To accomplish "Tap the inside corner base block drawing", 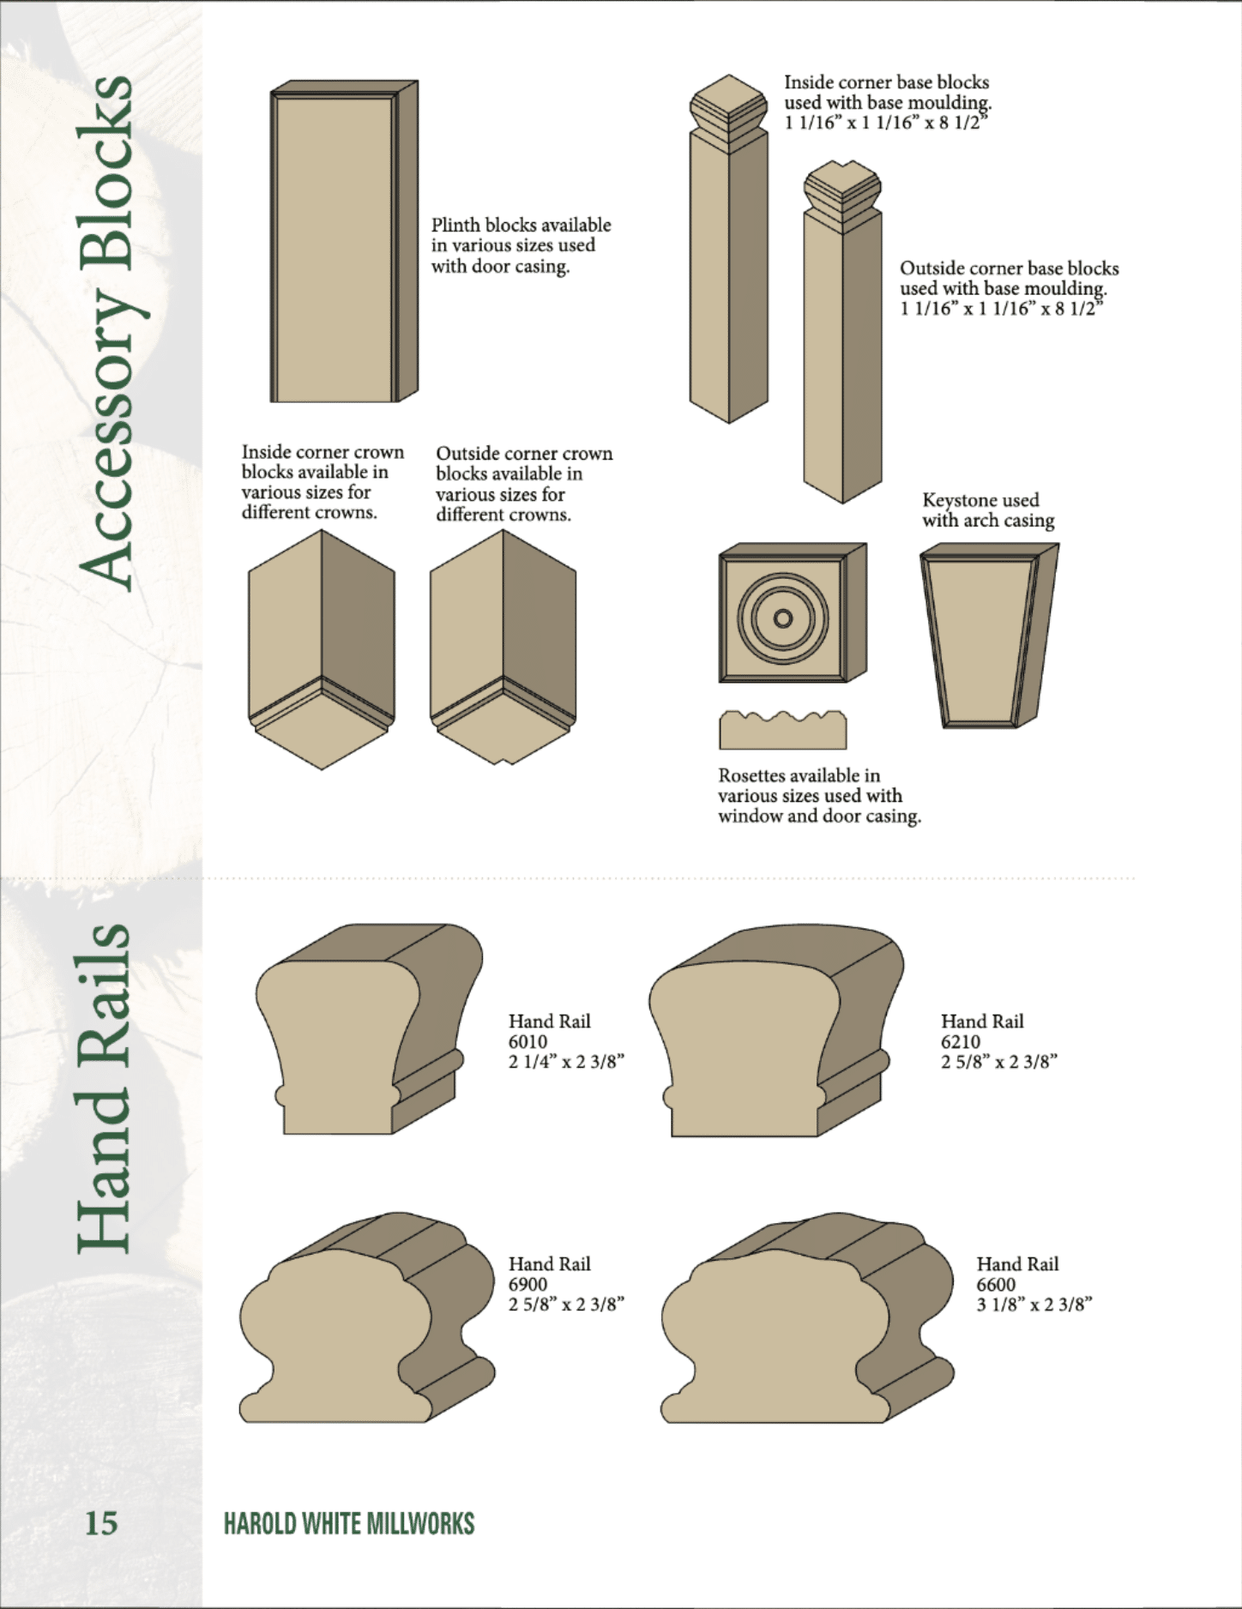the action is click(x=729, y=249).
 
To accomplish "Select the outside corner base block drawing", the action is click(x=842, y=331).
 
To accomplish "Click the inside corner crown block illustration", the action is click(x=322, y=649).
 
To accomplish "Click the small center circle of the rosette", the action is click(x=782, y=618).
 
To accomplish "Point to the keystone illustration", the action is click(x=989, y=636).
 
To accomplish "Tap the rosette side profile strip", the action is click(x=782, y=730).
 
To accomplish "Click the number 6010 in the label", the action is click(x=528, y=1041).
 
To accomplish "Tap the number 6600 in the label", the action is click(x=996, y=1284).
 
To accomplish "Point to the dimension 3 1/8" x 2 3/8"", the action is click(x=1034, y=1305).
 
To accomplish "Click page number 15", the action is click(x=100, y=1522).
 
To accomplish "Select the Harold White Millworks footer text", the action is click(x=349, y=1523).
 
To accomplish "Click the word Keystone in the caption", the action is click(x=958, y=500).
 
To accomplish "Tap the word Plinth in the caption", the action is click(x=455, y=225).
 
